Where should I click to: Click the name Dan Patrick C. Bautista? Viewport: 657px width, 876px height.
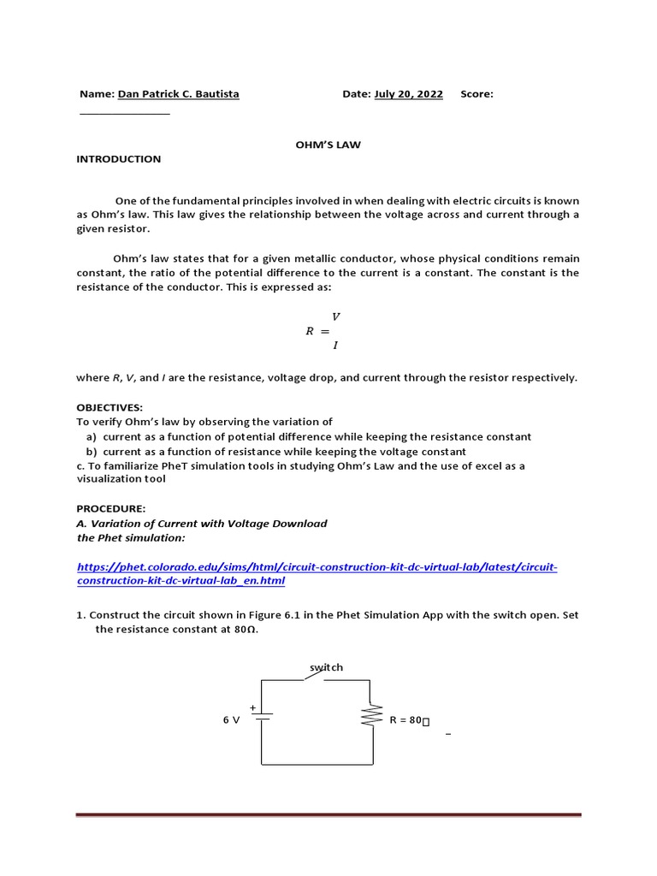(178, 94)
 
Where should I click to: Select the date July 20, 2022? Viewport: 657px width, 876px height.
(408, 94)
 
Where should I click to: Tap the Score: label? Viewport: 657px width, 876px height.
(476, 94)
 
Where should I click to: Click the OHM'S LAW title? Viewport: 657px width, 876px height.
(328, 145)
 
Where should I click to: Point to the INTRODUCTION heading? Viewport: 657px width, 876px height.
(119, 159)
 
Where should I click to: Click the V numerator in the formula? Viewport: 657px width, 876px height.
(335, 317)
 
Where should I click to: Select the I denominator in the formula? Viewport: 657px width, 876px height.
(335, 346)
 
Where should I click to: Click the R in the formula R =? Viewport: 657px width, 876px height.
(310, 331)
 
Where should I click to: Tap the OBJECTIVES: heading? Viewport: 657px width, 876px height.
(110, 407)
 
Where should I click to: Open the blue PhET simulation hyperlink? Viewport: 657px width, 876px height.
(317, 574)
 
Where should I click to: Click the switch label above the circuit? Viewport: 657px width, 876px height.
(327, 667)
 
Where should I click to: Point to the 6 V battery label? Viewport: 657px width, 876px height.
(231, 720)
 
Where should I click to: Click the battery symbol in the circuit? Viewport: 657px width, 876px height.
(263, 718)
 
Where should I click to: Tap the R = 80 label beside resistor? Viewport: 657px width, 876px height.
(409, 720)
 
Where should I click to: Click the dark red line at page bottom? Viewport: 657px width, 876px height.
(328, 815)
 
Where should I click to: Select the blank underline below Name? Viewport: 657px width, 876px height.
(125, 114)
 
